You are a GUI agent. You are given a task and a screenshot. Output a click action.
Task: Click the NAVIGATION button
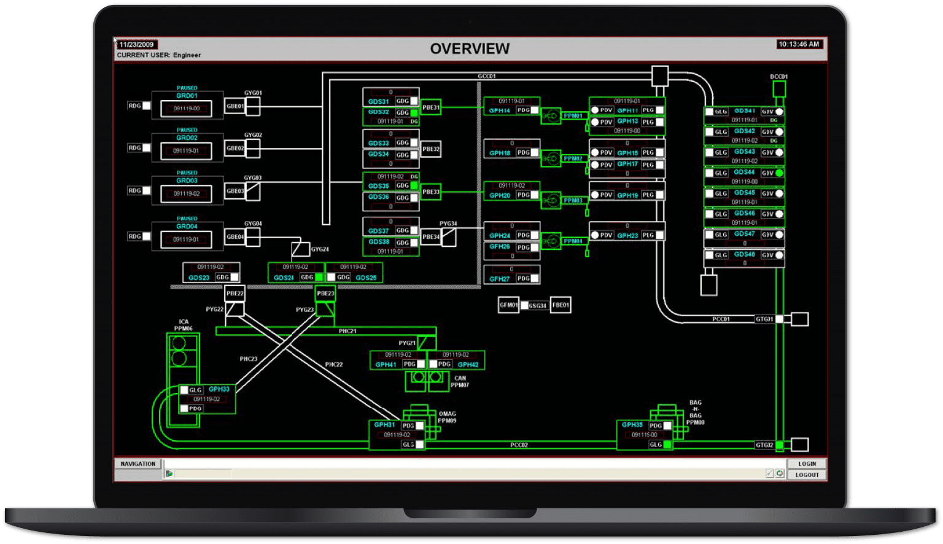click(x=138, y=464)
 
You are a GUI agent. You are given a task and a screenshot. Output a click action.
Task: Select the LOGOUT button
click(x=807, y=475)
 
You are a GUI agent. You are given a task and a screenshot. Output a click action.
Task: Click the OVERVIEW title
click(x=470, y=49)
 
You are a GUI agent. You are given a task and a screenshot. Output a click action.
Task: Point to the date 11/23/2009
click(x=137, y=45)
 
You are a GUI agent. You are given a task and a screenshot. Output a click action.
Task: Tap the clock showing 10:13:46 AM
click(x=799, y=44)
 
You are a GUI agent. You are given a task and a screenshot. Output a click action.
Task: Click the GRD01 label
click(x=187, y=96)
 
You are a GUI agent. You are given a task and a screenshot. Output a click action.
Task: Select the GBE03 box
click(x=235, y=191)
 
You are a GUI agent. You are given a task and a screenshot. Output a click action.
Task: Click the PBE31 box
click(x=431, y=107)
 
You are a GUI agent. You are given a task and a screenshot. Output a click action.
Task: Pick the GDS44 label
click(x=744, y=173)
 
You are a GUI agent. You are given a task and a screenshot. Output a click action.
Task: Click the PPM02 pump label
click(x=573, y=158)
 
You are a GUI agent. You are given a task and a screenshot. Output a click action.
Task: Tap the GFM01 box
click(x=508, y=305)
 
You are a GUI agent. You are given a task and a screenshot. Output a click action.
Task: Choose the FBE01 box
click(x=561, y=305)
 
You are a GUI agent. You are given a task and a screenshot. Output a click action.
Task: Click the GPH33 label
click(x=219, y=389)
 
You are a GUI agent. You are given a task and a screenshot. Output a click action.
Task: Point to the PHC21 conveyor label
click(x=347, y=331)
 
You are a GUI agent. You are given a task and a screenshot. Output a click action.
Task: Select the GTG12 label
click(x=764, y=445)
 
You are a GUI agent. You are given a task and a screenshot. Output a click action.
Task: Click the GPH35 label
click(x=632, y=425)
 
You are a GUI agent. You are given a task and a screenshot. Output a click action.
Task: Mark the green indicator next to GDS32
click(x=414, y=113)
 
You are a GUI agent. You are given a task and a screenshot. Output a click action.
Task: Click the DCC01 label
click(x=778, y=77)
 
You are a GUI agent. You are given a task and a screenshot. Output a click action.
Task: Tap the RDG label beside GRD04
click(x=134, y=236)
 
